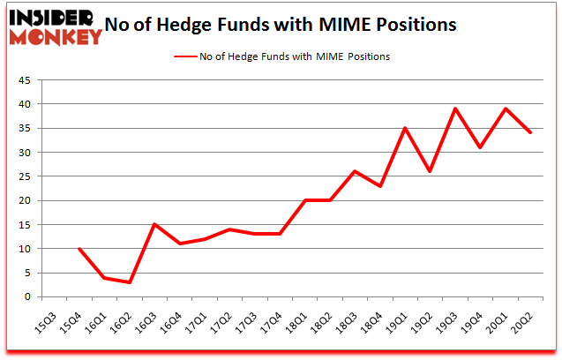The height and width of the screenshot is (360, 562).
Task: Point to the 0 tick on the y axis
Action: click(x=29, y=297)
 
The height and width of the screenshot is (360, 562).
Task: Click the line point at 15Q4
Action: click(x=79, y=249)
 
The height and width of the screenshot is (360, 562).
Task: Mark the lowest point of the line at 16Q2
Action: click(x=130, y=282)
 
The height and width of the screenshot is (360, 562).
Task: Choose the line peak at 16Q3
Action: click(x=155, y=224)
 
